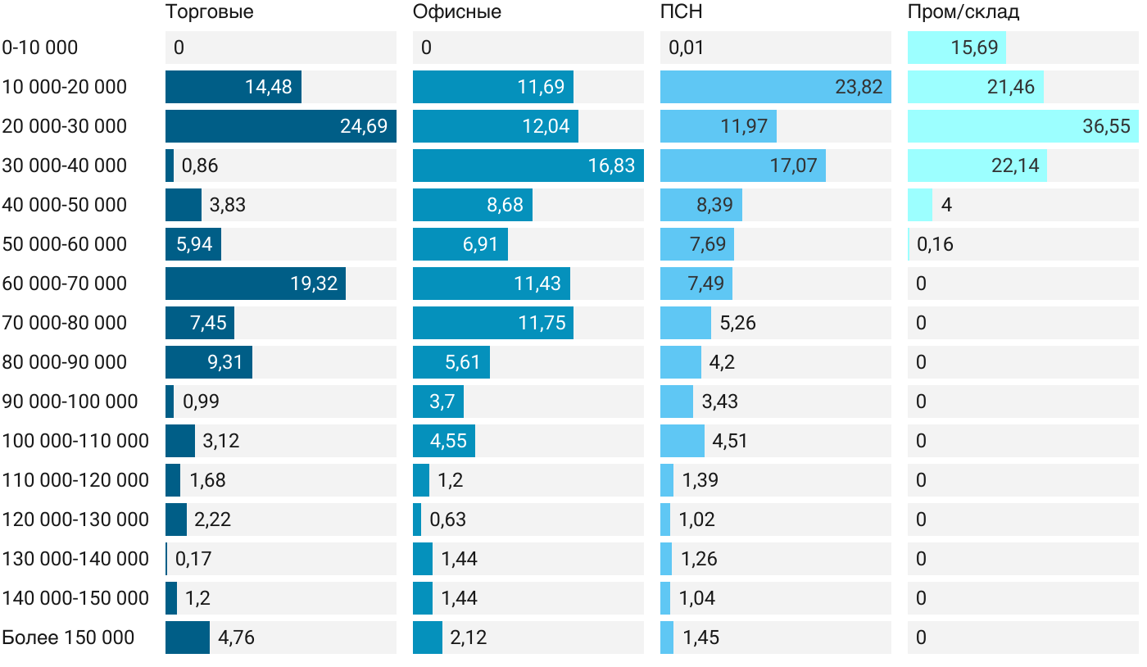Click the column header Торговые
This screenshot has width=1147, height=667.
209,12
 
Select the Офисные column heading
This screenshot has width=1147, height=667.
457,12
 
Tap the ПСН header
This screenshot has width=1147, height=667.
682,12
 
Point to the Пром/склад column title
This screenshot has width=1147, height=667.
963,12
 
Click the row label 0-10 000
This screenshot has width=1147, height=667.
40,48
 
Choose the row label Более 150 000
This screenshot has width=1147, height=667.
68,638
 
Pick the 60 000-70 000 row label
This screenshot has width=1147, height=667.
65,284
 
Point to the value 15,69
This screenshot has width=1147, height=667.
975,48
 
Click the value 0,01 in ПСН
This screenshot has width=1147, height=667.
687,48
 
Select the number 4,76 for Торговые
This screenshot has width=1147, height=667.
237,638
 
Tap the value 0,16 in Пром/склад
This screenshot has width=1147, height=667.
936,244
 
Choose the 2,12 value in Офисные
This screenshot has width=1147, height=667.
469,638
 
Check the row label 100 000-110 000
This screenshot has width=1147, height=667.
75,441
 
